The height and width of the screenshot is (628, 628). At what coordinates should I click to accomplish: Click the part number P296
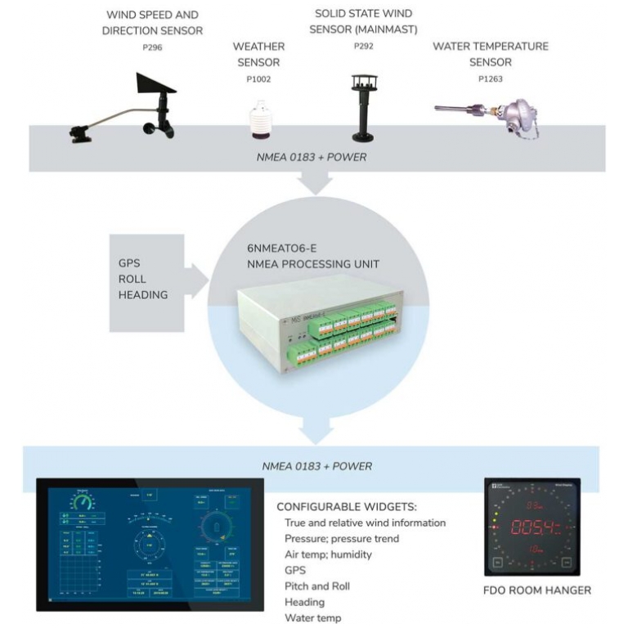[151, 48]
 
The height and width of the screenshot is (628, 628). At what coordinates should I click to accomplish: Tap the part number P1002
[258, 79]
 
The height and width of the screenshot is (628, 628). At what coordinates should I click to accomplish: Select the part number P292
[363, 47]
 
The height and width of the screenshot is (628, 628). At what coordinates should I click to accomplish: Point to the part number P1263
[490, 79]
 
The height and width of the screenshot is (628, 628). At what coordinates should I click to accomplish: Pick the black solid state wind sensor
[362, 110]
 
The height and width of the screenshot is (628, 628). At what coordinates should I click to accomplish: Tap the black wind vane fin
[155, 83]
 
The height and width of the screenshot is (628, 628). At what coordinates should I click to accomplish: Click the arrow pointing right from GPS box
[196, 280]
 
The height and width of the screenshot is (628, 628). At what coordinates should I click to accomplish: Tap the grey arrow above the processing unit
[316, 185]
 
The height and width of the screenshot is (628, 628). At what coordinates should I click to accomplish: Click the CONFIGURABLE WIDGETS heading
[347, 506]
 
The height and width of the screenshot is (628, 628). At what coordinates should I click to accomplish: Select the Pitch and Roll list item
[317, 585]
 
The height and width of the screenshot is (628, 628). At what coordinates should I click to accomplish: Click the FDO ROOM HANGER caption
[537, 590]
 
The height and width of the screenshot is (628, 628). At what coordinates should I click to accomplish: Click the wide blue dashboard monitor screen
[150, 544]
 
